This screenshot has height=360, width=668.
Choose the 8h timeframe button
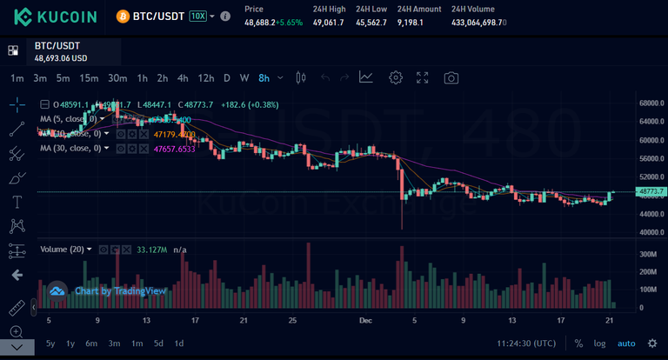[264, 77]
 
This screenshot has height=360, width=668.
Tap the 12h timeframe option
[205, 77]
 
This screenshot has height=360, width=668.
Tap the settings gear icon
[396, 77]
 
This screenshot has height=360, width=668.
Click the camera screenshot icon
[451, 77]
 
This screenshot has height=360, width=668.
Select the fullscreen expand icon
[423, 77]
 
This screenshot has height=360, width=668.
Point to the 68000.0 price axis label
[651, 103]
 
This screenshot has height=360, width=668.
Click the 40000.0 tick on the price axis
[651, 233]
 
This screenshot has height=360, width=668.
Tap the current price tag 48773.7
[651, 191]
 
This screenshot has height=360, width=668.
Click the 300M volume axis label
[648, 254]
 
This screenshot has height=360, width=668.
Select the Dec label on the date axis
[365, 320]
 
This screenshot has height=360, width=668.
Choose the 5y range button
[51, 343]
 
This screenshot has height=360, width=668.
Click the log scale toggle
[600, 343]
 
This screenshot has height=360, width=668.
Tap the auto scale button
[626, 343]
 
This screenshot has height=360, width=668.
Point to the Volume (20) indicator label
[63, 250]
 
